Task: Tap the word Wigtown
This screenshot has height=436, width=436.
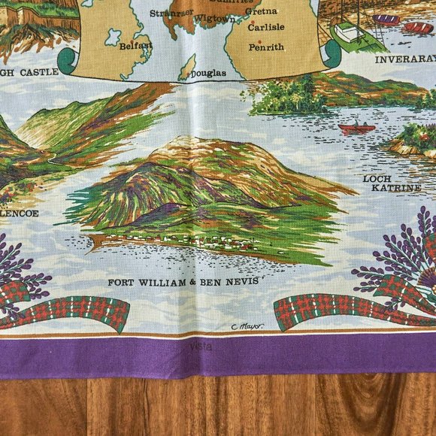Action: point(214,19)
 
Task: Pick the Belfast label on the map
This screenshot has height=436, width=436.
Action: point(135,46)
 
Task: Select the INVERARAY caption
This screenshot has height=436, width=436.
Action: point(405,59)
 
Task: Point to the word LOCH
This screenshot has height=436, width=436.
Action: point(378,179)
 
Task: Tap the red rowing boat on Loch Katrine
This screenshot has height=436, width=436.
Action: point(356,129)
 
